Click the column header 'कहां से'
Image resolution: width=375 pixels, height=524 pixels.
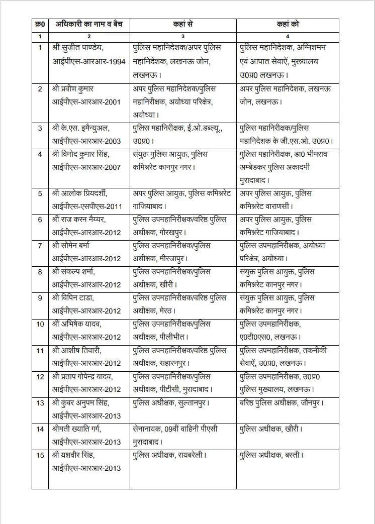pyautogui.click(x=183, y=24)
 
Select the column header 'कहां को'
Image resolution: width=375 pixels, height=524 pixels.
pyautogui.click(x=288, y=24)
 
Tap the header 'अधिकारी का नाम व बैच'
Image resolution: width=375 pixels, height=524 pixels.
pyautogui.click(x=89, y=24)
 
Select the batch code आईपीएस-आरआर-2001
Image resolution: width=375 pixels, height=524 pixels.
pyautogui.click(x=86, y=101)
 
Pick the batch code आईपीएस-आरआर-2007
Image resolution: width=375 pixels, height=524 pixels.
pyautogui.click(x=86, y=167)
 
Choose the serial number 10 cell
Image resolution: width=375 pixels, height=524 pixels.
pyautogui.click(x=40, y=324)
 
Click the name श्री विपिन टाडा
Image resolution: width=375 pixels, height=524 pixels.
pyautogui.click(x=74, y=298)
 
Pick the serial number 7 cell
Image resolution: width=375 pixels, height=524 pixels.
pyautogui.click(x=40, y=246)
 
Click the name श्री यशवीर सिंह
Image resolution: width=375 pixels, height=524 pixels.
pyautogui.click(x=73, y=455)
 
